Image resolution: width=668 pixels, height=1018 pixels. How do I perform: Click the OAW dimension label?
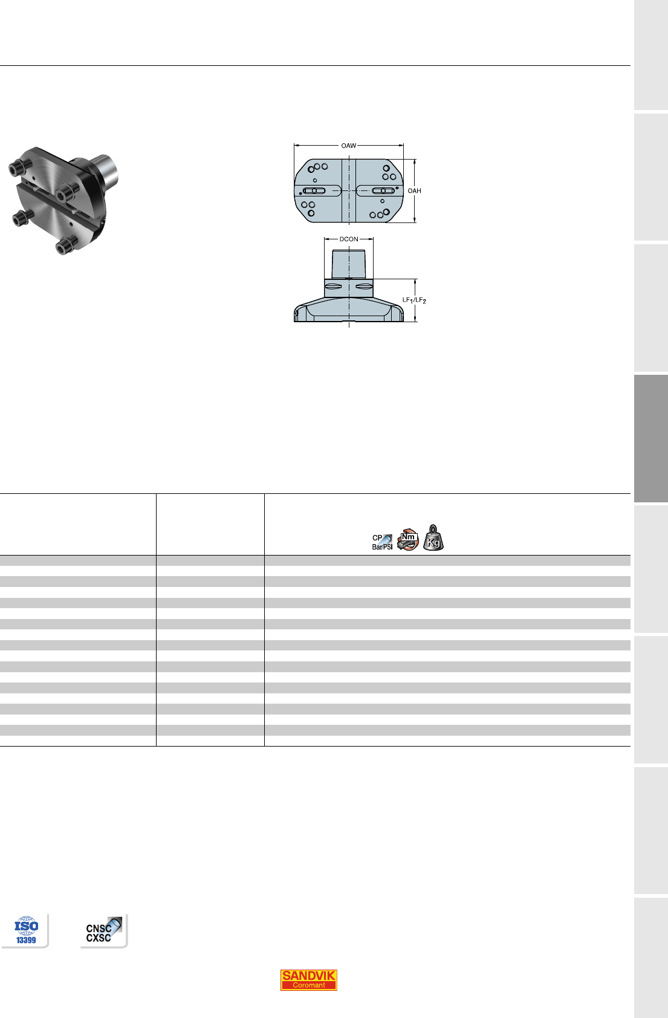coord(349,146)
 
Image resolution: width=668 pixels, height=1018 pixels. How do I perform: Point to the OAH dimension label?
coord(414,191)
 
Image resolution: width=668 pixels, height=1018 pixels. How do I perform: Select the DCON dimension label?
coord(349,239)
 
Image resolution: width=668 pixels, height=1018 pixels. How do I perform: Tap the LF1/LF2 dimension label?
coord(414,300)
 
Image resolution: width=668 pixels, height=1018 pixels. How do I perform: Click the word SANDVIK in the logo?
coord(308,975)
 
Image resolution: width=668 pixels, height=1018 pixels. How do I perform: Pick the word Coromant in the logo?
coord(308,985)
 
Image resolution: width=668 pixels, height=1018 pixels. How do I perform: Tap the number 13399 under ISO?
coord(26,940)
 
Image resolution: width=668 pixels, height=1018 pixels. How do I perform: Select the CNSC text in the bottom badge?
coord(98,929)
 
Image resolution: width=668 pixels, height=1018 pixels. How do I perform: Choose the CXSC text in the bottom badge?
coord(98,938)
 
